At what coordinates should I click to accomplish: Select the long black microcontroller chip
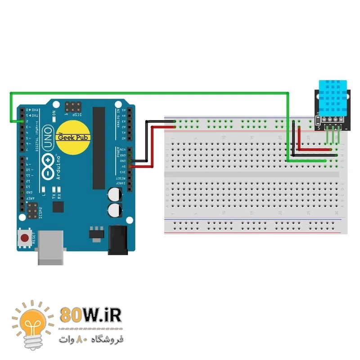99,148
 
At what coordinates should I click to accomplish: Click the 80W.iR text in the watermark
90,315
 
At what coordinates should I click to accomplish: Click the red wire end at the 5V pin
131,166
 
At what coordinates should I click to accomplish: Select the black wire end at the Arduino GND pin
130,161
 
